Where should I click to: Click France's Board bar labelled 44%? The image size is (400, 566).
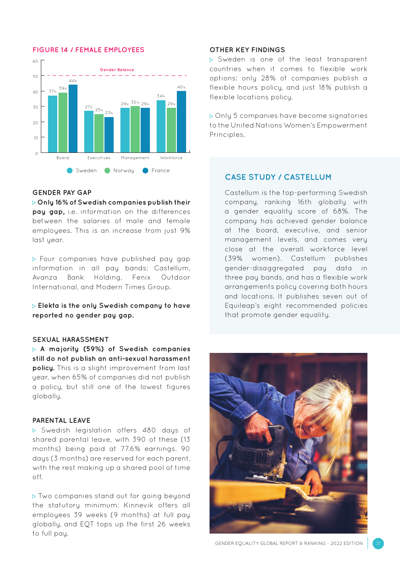[x=73, y=118]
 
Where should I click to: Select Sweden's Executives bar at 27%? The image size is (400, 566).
[x=88, y=131]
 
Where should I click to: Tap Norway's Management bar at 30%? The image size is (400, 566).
[x=135, y=129]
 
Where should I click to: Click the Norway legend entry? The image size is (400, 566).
[x=119, y=171]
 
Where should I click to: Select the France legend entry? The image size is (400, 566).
[x=156, y=171]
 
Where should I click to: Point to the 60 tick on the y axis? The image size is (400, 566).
[x=35, y=61]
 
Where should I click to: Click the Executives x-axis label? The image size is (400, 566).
[x=99, y=158]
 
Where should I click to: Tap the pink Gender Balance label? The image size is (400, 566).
[x=117, y=70]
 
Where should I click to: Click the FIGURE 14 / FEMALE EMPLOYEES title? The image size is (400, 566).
[x=88, y=50]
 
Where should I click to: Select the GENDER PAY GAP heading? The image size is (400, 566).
[x=62, y=192]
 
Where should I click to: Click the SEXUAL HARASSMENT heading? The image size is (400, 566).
[x=71, y=339]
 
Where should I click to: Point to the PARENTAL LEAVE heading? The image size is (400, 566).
[x=61, y=420]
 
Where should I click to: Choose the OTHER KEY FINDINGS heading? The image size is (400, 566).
[x=247, y=50]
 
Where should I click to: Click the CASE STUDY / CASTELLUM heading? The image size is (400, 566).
[x=278, y=177]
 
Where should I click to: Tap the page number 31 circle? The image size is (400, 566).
[x=378, y=543]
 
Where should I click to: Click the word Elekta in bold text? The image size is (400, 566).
[x=49, y=306]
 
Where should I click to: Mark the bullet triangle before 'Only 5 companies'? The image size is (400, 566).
[x=211, y=116]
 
